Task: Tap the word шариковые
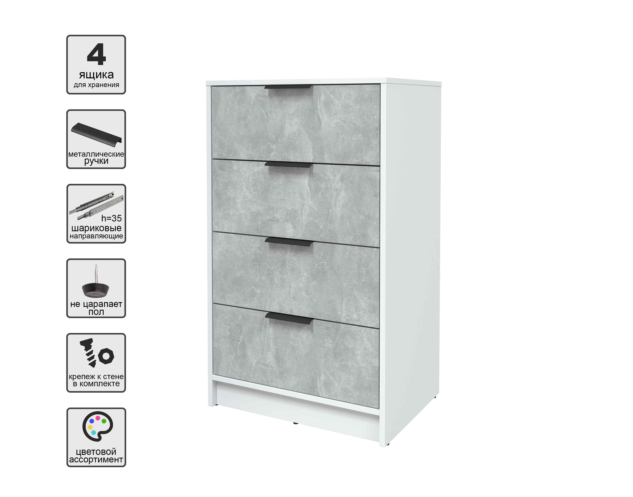97,228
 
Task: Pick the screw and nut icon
97,352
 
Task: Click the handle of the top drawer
288,87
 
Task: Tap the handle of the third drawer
289,242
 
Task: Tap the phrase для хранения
97,85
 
